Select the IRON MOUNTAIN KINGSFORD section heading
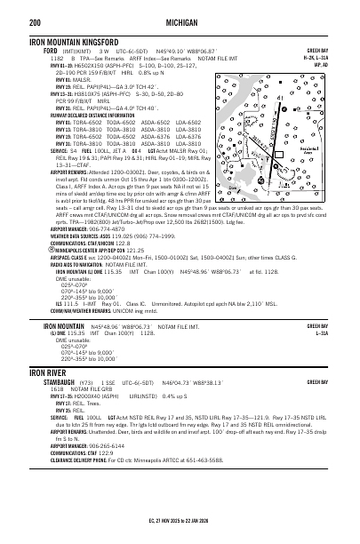[76, 42]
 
